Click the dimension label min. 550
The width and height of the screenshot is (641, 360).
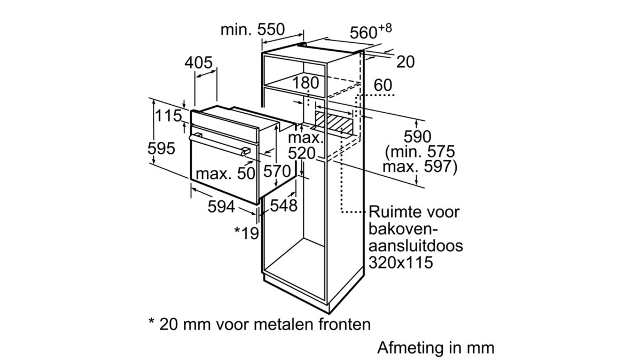pos(253,29)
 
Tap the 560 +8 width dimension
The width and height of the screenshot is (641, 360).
pos(371,31)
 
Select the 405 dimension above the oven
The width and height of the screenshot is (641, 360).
pos(198,62)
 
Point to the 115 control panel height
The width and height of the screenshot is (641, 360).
pos(168,115)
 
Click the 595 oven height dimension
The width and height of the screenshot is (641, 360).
pos(161,148)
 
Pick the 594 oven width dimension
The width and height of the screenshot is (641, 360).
pos(221,206)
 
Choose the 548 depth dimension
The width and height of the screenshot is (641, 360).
pos(284,205)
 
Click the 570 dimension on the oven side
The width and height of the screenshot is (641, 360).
pos(277,171)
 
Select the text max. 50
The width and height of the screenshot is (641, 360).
pos(225,173)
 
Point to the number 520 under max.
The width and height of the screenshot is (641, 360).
pos(302,153)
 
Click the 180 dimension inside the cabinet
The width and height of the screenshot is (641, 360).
pos(306,82)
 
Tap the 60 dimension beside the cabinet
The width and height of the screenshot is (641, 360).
pos(383,85)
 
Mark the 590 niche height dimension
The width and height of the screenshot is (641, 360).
pos(417,137)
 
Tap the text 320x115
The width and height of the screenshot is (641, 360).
pos(401,262)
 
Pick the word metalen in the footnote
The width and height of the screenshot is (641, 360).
pos(284,324)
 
